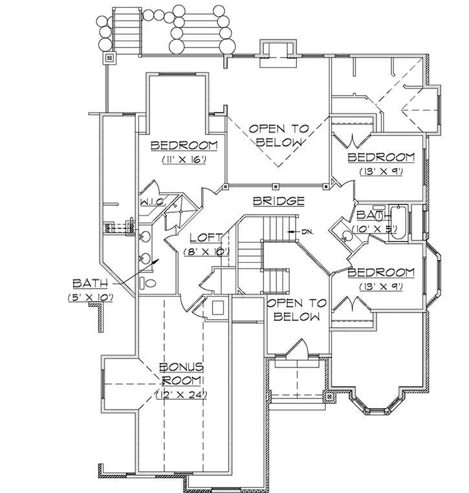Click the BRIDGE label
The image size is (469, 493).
click(278, 201)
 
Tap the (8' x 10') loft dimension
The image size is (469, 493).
click(206, 251)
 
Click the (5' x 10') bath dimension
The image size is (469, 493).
click(90, 297)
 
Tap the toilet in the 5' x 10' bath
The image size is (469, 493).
click(149, 283)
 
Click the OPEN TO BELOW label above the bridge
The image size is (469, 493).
click(278, 135)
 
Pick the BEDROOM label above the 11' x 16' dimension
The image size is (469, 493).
click(184, 145)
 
